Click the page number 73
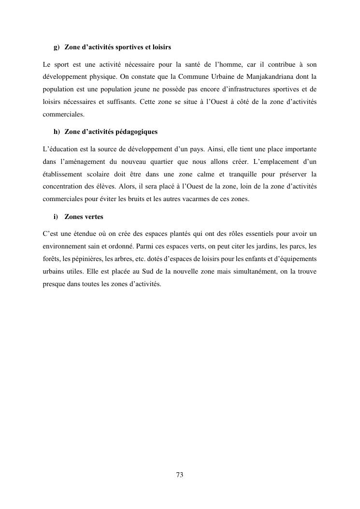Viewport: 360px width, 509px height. pyautogui.click(x=180, y=475)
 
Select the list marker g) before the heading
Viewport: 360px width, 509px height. pyautogui.click(x=56, y=47)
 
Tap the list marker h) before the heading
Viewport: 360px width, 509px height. pyautogui.click(x=56, y=131)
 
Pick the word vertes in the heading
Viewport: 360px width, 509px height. pyautogui.click(x=93, y=217)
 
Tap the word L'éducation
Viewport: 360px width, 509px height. pyautogui.click(x=60, y=148)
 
